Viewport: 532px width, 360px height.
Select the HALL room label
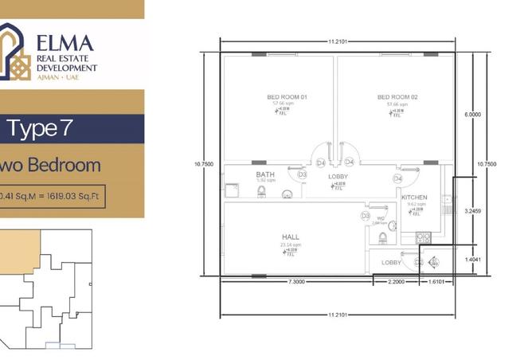click(x=290, y=237)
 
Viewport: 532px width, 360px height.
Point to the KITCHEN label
click(x=414, y=197)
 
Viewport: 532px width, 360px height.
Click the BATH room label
click(x=265, y=174)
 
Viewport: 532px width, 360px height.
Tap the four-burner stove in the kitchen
click(x=421, y=237)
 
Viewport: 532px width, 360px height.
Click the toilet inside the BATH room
click(x=287, y=194)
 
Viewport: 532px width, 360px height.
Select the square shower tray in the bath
click(x=233, y=190)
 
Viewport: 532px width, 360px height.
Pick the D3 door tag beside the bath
click(x=302, y=174)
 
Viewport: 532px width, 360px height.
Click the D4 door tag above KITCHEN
click(x=397, y=178)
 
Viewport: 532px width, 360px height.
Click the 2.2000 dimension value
click(x=396, y=282)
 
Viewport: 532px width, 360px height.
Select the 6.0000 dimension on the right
click(x=472, y=115)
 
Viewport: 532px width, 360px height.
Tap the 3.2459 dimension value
click(x=472, y=211)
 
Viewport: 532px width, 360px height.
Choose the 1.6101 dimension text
click(x=436, y=282)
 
